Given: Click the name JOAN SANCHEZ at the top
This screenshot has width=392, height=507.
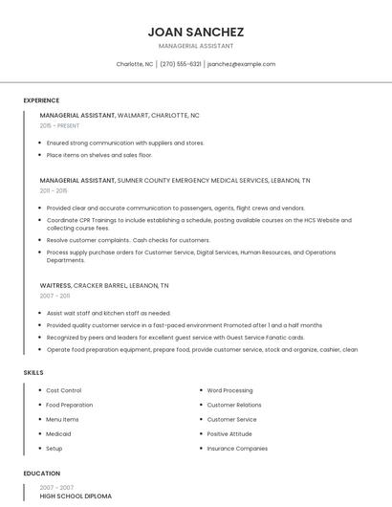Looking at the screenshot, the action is pyautogui.click(x=195, y=32).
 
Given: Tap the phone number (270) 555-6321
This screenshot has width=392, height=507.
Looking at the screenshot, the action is pyautogui.click(x=181, y=64).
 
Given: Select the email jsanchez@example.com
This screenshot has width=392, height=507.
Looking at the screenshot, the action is pyautogui.click(x=241, y=64).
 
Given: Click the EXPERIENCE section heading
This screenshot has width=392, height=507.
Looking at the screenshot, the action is pyautogui.click(x=41, y=100).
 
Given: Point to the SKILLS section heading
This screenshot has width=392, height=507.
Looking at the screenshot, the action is pyautogui.click(x=33, y=372).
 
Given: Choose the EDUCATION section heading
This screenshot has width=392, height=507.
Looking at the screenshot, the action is pyautogui.click(x=41, y=474).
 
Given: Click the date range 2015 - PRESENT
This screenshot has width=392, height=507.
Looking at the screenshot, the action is pyautogui.click(x=59, y=125).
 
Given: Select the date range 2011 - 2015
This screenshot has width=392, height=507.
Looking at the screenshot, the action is pyautogui.click(x=54, y=190).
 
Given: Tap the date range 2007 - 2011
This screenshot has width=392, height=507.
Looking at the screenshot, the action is pyautogui.click(x=54, y=296).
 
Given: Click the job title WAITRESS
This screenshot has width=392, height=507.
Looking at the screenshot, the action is pyautogui.click(x=59, y=285).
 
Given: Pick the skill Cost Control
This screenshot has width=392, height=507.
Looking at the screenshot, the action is pyautogui.click(x=64, y=390).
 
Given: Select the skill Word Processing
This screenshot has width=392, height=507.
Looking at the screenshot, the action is pyautogui.click(x=229, y=390).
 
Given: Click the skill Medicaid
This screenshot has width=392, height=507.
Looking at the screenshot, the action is pyautogui.click(x=59, y=433).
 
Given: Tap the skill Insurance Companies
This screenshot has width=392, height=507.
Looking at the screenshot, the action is pyautogui.click(x=237, y=448).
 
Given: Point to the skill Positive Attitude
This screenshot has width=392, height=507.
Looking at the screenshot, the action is pyautogui.click(x=229, y=433).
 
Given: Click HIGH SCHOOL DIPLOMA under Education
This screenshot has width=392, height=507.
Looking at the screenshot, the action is pyautogui.click(x=76, y=496).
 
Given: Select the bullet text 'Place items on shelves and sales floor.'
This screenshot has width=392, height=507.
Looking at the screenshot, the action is pyautogui.click(x=99, y=154).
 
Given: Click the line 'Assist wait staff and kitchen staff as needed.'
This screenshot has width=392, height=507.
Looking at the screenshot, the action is pyautogui.click(x=108, y=313).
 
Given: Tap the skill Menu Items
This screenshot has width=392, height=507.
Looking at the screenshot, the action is pyautogui.click(x=62, y=419).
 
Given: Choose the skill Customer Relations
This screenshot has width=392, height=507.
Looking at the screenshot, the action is pyautogui.click(x=234, y=405).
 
